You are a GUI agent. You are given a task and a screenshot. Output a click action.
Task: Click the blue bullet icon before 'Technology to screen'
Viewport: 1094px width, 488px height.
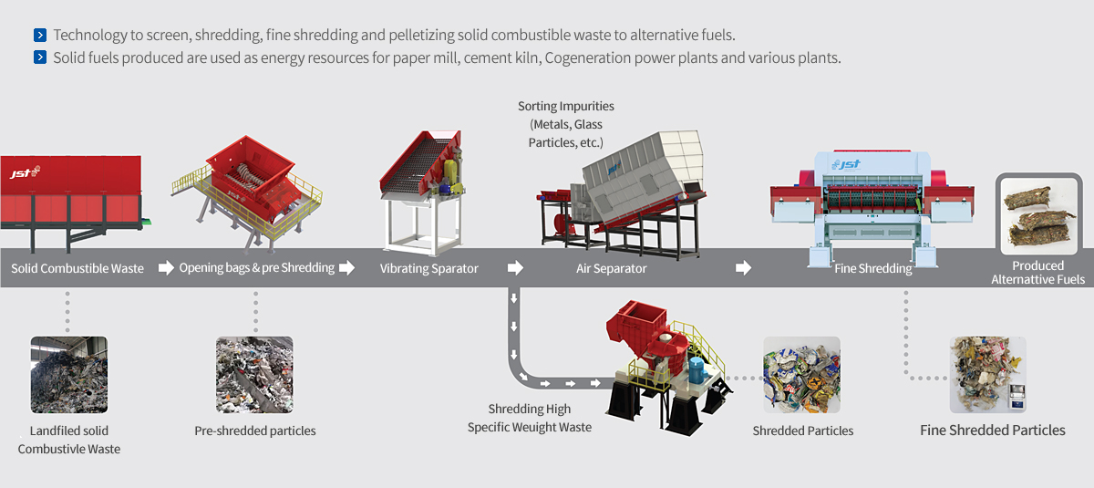40,36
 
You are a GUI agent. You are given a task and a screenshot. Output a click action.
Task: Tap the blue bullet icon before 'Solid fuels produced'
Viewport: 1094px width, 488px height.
40,57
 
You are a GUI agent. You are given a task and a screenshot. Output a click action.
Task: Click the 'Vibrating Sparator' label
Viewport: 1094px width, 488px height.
428,268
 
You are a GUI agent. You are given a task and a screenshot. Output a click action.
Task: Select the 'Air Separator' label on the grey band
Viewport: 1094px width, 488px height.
611,268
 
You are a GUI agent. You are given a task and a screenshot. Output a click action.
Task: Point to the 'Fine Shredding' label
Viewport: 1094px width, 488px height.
872,268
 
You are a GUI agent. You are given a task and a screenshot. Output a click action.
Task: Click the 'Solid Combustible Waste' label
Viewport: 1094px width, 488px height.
77,268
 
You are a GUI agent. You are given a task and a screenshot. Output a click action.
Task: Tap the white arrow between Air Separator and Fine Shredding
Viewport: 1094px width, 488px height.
743,267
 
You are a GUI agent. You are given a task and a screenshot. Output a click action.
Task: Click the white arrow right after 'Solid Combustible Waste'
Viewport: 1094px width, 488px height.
166,267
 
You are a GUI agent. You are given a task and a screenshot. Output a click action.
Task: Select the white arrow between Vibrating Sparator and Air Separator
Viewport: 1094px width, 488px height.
515,267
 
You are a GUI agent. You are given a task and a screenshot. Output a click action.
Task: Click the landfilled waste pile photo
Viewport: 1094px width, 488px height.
69,375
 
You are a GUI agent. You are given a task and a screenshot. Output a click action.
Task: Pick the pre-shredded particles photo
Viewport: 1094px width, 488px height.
254,375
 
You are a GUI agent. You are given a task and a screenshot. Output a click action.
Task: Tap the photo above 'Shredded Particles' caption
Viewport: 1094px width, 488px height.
802,375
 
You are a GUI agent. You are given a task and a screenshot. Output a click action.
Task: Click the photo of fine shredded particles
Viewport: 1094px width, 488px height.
987,375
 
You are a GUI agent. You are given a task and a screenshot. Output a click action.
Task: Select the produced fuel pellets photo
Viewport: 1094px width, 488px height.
1038,216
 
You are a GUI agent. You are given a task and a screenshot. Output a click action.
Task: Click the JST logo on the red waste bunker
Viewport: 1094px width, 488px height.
25,172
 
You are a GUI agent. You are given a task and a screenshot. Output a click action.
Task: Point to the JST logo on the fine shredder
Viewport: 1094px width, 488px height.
846,164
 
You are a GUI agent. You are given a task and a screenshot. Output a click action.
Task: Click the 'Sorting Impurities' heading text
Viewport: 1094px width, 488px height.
566,106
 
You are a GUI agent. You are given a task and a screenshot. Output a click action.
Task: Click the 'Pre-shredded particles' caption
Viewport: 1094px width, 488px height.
255,431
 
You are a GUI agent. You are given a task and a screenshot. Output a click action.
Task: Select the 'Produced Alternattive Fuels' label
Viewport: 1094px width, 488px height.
1037,273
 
